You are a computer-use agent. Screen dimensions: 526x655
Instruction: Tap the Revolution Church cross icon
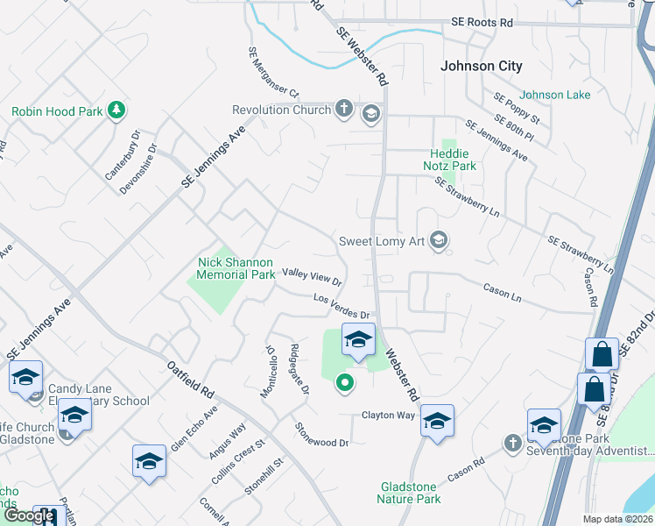click(x=345, y=110)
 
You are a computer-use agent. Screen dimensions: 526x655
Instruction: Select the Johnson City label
click(x=481, y=66)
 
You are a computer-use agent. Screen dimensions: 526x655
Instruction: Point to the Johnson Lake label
click(x=555, y=95)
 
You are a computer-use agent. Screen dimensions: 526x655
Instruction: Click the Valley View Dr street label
click(x=311, y=276)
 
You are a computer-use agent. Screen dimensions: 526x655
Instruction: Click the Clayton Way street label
click(x=388, y=415)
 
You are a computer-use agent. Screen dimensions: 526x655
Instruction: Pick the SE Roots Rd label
click(x=482, y=22)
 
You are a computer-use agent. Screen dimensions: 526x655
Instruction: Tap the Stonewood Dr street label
click(x=321, y=435)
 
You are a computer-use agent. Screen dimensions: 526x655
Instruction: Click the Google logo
click(x=29, y=516)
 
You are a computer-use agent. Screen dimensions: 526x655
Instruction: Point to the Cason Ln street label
click(x=502, y=294)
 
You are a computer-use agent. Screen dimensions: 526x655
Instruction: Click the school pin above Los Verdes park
click(x=357, y=341)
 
